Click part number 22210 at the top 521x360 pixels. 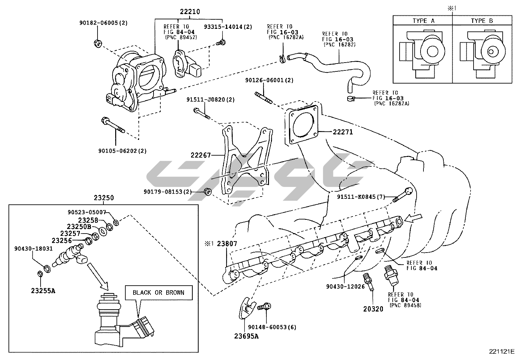tap(189, 12)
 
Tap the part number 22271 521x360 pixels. tap(343, 132)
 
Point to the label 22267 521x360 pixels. tap(201, 155)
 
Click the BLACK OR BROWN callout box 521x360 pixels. tap(158, 293)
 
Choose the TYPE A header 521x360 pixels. tap(423, 21)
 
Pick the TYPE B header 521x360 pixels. tap(482, 21)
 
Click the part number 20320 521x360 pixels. tap(373, 309)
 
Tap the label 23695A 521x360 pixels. tap(246, 336)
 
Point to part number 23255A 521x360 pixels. tap(43, 290)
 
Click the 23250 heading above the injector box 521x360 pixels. tap(104, 198)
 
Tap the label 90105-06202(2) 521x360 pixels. tap(122, 151)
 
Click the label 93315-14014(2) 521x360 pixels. tap(228, 27)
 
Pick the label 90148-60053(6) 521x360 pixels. tap(272, 327)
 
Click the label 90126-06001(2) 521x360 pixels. tap(269, 80)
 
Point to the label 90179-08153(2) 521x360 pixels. tap(168, 191)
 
